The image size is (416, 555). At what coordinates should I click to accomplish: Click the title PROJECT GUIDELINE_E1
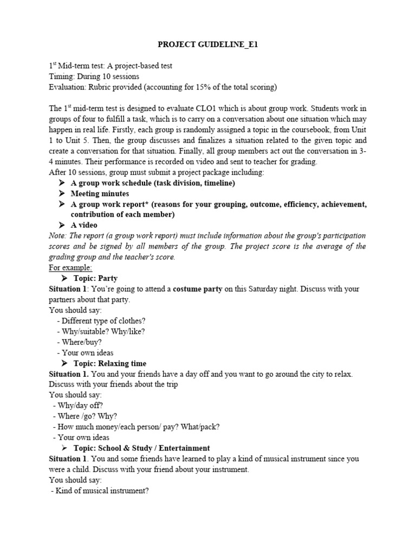click(207, 45)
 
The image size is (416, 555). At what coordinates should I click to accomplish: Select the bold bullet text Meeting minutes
click(100, 193)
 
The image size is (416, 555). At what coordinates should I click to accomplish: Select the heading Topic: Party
click(95, 279)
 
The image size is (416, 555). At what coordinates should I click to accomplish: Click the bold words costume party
click(197, 289)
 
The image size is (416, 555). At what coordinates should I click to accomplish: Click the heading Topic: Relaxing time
click(110, 363)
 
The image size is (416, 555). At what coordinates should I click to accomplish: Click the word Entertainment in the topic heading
click(179, 448)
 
